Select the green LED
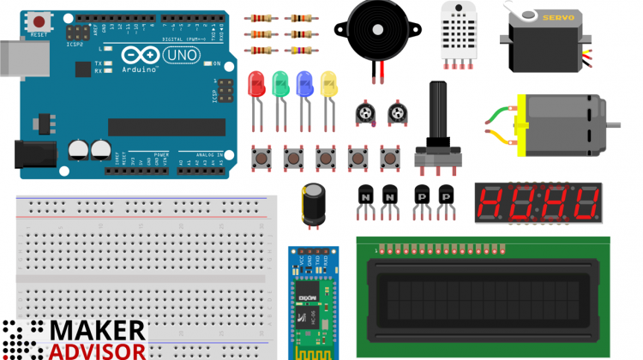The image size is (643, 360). click(279, 84)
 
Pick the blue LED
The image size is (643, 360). click(303, 84)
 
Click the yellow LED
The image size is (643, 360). click(328, 84)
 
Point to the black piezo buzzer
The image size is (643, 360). click(377, 29)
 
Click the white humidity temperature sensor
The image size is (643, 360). click(460, 30)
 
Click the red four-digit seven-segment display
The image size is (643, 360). click(538, 203)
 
